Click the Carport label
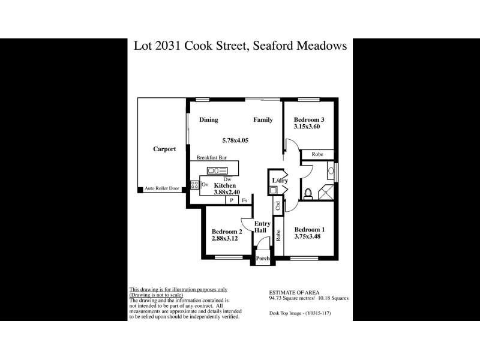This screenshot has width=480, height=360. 164,149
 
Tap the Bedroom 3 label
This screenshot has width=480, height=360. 309,119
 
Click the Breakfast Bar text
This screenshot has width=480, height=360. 211,158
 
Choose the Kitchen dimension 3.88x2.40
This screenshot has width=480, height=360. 227,193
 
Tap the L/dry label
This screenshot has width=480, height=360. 280,181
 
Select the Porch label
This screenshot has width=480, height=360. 263,259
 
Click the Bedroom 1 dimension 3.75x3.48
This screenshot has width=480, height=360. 310,237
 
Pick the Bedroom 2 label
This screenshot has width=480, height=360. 227,232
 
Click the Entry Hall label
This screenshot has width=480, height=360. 262,227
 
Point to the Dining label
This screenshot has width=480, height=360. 208,120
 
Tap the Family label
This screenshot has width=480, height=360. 263,120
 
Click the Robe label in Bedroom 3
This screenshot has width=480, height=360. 317,155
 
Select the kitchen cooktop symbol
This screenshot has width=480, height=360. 194,185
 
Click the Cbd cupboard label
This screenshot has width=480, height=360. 278,205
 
